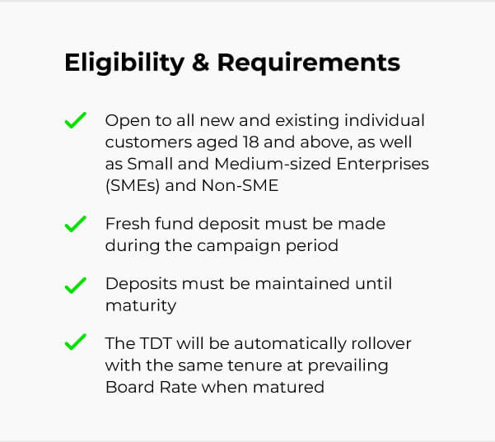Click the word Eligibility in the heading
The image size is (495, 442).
124,63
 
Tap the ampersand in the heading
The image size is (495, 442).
200,63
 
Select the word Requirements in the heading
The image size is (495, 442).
309,63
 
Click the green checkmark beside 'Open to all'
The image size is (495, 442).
76,120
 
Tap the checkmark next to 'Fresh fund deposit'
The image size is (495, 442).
76,224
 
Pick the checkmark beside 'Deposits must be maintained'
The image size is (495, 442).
76,286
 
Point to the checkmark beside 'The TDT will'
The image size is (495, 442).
76,342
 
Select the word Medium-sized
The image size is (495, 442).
273,164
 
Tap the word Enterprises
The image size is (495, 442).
383,165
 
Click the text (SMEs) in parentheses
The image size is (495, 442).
133,185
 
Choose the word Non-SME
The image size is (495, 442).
240,185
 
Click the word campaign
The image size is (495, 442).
239,246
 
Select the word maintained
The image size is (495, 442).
302,284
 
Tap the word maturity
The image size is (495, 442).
141,306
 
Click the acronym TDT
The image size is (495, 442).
156,343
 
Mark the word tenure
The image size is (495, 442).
255,365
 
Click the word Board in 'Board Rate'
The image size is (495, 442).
130,387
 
